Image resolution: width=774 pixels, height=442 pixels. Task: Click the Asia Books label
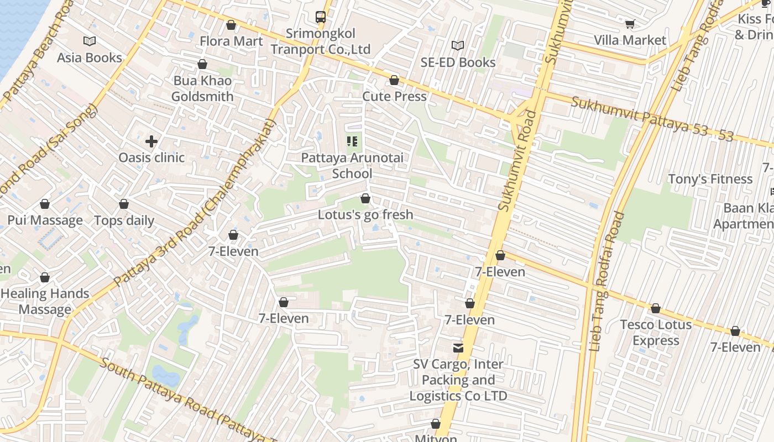coord(89,57)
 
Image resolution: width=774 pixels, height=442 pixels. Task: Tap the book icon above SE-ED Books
coord(458,45)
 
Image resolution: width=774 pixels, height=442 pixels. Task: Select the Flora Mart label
coord(231,41)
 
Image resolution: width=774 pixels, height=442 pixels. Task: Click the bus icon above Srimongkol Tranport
coord(321,17)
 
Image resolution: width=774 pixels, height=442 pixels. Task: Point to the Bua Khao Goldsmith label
coord(202,88)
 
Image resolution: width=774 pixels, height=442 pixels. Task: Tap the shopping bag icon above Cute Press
coord(394,81)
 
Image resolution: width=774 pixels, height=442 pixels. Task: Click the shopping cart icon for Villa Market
coord(630,24)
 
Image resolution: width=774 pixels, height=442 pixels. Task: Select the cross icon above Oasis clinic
coord(151,141)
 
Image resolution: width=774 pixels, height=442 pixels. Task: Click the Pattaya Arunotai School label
coord(352,166)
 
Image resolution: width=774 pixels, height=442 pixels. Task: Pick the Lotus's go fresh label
coord(365,214)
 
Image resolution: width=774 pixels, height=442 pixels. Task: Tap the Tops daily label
coord(124,220)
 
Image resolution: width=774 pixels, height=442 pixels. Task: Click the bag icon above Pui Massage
coord(45,204)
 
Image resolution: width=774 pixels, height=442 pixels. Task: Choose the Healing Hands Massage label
coord(45,301)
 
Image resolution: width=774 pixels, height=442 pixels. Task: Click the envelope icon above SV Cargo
coord(458,348)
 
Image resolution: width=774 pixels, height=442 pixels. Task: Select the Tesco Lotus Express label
coord(656,332)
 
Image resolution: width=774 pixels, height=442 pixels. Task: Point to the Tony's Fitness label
coord(710,179)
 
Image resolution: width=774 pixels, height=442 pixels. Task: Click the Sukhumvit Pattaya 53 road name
coord(652,119)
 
